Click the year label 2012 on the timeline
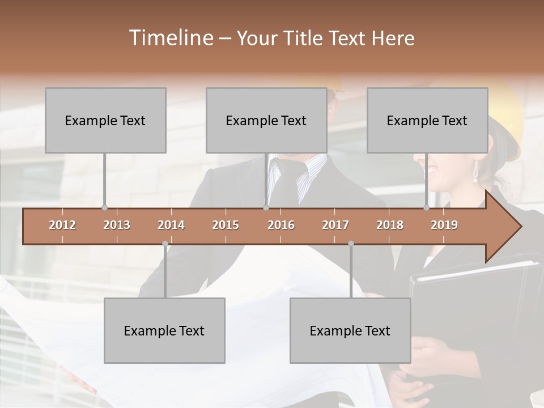[62, 225]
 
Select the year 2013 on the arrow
[117, 225]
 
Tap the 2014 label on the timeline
[171, 225]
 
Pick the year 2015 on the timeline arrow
[226, 225]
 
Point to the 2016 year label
[281, 225]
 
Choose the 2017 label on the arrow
[335, 225]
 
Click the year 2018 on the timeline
[390, 225]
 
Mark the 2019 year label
[444, 225]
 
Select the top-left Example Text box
[105, 120]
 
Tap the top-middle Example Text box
[266, 120]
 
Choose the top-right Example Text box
[427, 120]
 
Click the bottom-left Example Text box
[164, 330]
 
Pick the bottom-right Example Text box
[350, 330]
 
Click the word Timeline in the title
[170, 38]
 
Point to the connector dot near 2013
[104, 207]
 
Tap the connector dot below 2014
[165, 244]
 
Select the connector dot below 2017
[351, 244]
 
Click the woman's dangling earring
[475, 171]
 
